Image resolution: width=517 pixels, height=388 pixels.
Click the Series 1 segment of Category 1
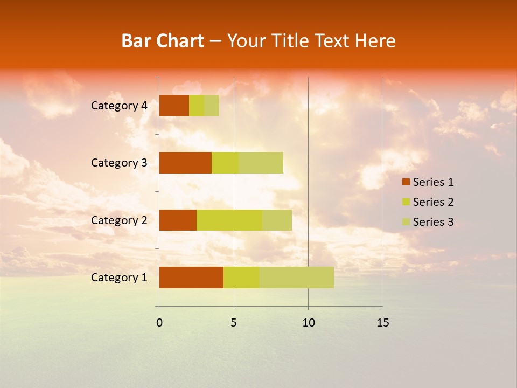(x=191, y=278)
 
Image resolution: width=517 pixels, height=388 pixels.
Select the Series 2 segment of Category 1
(x=241, y=278)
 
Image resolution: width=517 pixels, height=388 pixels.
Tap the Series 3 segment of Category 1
(x=296, y=278)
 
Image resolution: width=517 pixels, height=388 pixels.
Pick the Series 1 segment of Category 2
(x=178, y=220)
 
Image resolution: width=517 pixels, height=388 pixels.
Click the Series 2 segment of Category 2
(x=229, y=220)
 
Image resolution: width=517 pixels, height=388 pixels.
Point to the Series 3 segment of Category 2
(x=277, y=220)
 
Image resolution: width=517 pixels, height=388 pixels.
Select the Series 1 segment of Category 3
(x=185, y=163)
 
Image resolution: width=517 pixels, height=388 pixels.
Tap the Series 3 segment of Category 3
(x=261, y=163)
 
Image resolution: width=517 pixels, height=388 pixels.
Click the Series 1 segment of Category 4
(x=174, y=106)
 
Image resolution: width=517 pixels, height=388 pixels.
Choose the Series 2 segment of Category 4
(x=197, y=106)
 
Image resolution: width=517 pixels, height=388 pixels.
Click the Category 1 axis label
(x=119, y=278)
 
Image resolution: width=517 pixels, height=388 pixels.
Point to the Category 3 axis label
(x=119, y=163)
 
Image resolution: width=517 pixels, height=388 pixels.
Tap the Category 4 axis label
(x=119, y=106)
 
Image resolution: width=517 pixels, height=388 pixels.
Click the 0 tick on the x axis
(x=159, y=323)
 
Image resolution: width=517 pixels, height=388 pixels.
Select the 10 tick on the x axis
(x=308, y=323)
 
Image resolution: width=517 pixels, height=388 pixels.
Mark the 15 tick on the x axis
(x=383, y=323)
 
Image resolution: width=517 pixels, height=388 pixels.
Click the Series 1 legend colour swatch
(x=406, y=182)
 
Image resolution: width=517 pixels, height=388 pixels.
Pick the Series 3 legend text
(x=433, y=222)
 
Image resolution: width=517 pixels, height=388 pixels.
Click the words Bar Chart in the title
(x=163, y=41)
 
